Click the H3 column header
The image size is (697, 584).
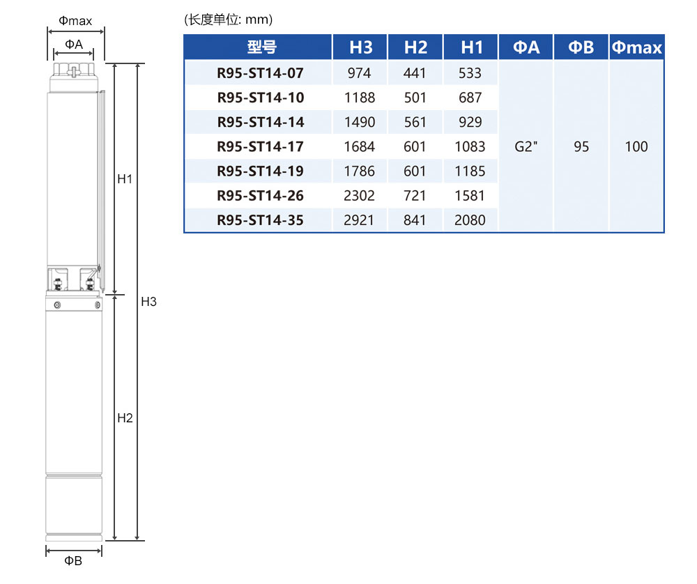[360, 47]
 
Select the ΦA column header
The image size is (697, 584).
[526, 47]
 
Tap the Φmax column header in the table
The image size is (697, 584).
[636, 47]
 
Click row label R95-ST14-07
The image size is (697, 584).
[261, 73]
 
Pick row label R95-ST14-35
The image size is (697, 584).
[261, 220]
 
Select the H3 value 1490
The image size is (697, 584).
[360, 122]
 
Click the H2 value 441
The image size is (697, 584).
[415, 73]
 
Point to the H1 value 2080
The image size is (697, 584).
[470, 220]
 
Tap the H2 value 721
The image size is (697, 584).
[415, 196]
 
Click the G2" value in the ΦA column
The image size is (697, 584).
[526, 147]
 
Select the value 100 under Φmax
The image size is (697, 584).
[636, 147]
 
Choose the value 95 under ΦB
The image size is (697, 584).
[581, 147]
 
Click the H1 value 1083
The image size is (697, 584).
[470, 147]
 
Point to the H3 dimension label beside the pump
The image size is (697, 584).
[148, 302]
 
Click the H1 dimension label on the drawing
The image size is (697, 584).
[125, 179]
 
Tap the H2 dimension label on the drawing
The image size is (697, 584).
[125, 418]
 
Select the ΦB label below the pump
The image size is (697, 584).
[74, 561]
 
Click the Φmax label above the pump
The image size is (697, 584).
[75, 21]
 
